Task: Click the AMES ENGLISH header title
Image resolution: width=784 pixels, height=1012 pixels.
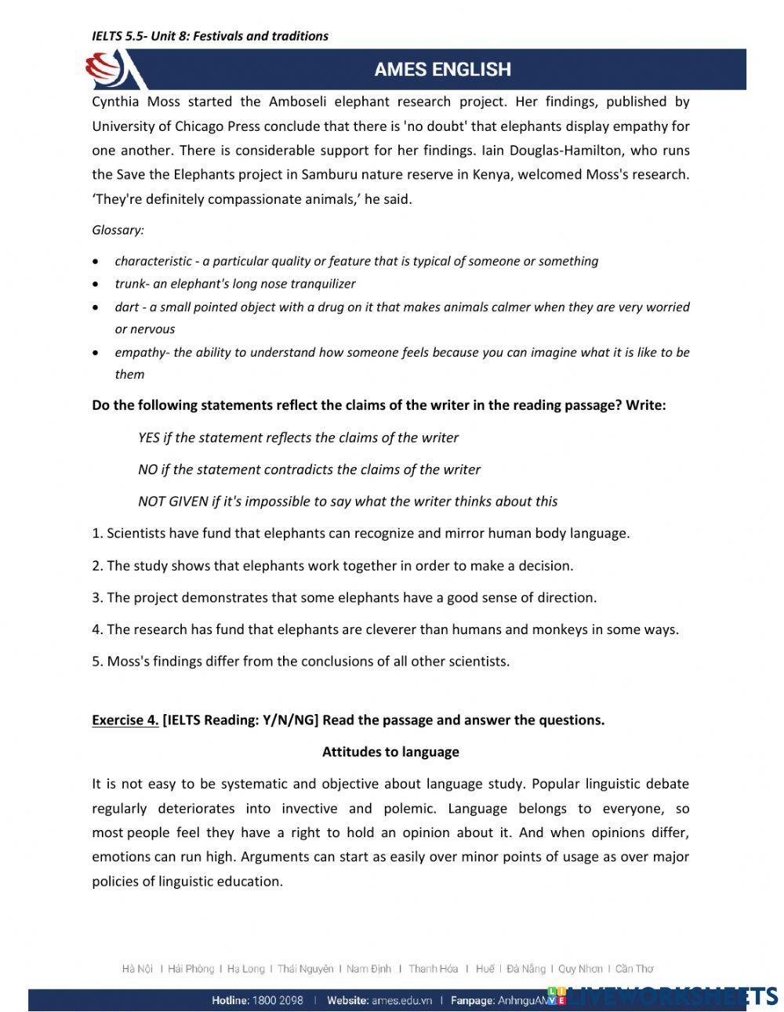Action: point(442,69)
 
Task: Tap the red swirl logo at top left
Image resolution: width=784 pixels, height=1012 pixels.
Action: point(105,69)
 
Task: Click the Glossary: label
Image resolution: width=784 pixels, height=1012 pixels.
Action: point(118,230)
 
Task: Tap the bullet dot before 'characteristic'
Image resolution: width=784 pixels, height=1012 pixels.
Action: point(96,262)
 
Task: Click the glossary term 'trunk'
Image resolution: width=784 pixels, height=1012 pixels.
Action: point(129,284)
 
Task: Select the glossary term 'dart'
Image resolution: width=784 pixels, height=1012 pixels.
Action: point(126,307)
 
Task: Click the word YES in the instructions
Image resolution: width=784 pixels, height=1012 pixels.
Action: point(149,437)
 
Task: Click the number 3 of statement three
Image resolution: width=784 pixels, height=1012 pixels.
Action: point(96,597)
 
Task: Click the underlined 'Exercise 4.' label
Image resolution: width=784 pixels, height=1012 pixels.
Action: point(125,720)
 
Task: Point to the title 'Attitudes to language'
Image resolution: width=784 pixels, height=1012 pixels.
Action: point(390,752)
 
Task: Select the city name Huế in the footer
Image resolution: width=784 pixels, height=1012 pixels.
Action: point(485,969)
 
